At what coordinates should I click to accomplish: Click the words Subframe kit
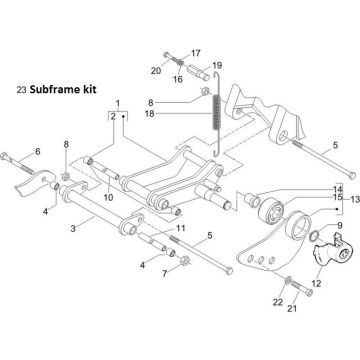click(x=62, y=88)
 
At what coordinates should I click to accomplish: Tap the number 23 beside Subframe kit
click(x=22, y=88)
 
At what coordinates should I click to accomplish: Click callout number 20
click(x=156, y=70)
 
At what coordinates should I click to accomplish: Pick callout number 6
click(x=37, y=152)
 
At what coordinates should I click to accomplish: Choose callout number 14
click(x=337, y=217)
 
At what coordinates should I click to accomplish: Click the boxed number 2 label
click(x=111, y=117)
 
